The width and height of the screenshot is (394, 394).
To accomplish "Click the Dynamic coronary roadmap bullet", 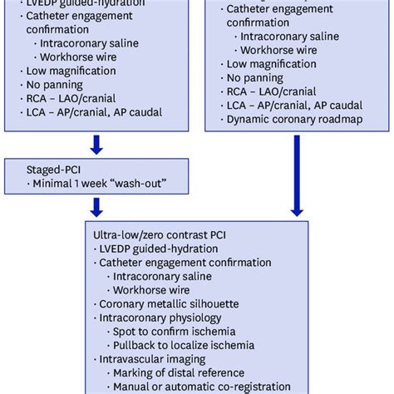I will coord(278,120).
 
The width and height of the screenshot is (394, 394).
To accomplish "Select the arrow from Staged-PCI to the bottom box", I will coord(96,204).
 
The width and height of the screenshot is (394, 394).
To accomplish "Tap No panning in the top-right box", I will coord(254,78).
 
